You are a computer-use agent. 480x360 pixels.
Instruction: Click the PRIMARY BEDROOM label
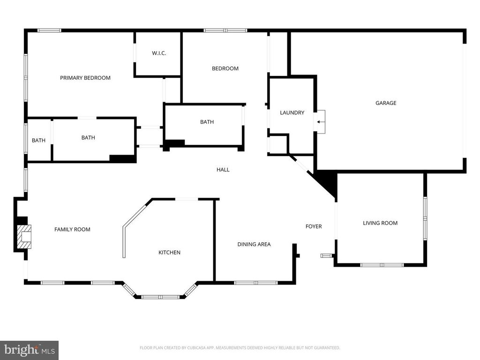coord(85,78)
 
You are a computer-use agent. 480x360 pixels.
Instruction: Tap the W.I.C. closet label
coord(159,53)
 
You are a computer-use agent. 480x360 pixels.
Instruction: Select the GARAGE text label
coord(386,103)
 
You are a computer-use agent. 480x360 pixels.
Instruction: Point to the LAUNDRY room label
coord(292,112)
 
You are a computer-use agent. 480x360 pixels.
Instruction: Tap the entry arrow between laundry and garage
coord(320,122)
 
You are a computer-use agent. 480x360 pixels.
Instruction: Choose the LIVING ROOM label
coord(380,223)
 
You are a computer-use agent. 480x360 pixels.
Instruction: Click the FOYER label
coord(314,226)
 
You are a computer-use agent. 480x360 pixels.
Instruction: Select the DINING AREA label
coord(254,244)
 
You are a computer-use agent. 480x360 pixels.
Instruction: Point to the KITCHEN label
coord(169,253)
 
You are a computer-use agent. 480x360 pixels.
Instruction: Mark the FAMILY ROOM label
coord(72,230)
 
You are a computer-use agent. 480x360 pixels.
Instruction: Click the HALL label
coord(223,170)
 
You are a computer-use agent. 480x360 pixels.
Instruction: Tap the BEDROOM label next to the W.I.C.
coord(225,68)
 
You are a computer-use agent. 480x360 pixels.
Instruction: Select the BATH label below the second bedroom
coord(207,122)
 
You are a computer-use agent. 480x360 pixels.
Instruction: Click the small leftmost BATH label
coord(38,141)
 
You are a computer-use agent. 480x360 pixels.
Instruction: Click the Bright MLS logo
coord(29,350)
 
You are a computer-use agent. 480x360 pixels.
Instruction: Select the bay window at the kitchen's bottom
coord(159,297)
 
